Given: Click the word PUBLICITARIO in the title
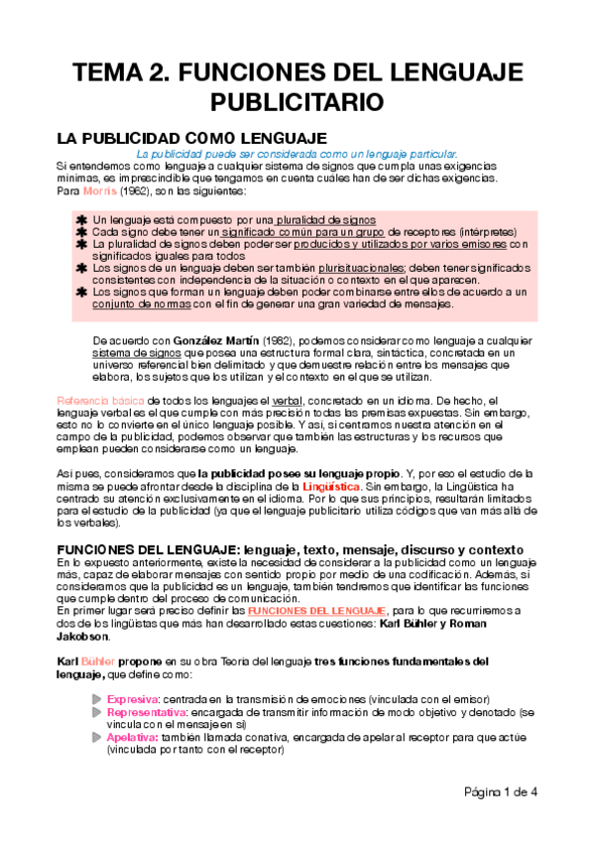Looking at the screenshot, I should (x=297, y=102).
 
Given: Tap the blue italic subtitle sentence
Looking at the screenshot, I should (x=297, y=154).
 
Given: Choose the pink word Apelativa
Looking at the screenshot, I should (x=130, y=738).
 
